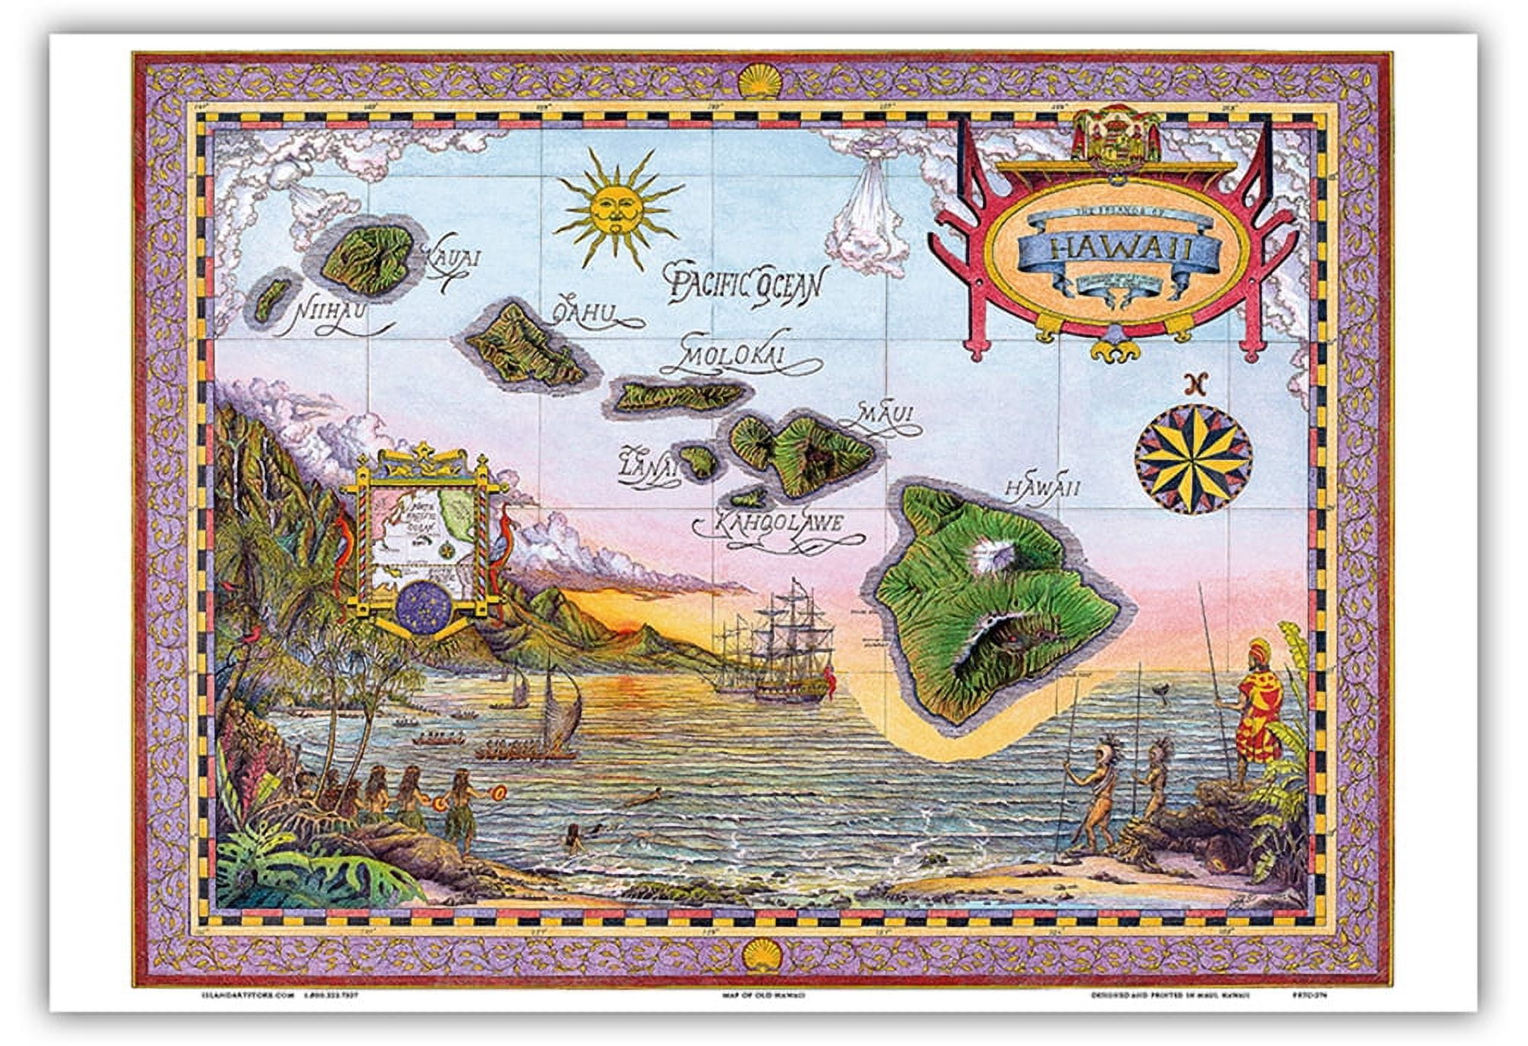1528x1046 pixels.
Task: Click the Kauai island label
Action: coord(456,258)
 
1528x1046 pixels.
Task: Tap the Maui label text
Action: coord(887,415)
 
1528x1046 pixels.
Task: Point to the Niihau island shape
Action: coord(269,300)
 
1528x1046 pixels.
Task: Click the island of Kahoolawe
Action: coord(749,498)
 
